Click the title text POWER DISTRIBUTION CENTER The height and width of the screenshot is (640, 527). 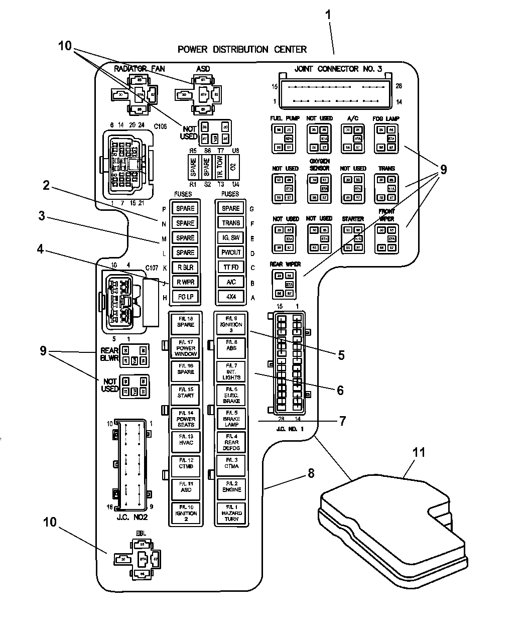point(242,49)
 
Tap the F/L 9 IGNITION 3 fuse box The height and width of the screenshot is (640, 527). point(231,325)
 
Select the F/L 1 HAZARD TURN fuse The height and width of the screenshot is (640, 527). point(231,513)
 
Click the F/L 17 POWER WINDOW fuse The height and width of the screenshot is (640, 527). point(186,348)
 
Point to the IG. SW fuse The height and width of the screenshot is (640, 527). point(231,238)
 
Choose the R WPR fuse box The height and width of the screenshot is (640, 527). point(185,282)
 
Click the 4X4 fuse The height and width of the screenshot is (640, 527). point(231,297)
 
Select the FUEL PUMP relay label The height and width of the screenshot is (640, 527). point(285,118)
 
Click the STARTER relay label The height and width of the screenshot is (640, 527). point(352,219)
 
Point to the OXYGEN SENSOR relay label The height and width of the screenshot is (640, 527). point(319,165)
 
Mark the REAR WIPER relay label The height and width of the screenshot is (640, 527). point(286,265)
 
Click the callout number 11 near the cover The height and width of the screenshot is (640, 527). point(419,453)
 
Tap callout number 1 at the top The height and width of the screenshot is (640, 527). point(329,15)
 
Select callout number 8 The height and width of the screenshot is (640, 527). point(311,472)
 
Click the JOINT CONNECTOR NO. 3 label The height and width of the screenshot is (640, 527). point(334,69)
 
